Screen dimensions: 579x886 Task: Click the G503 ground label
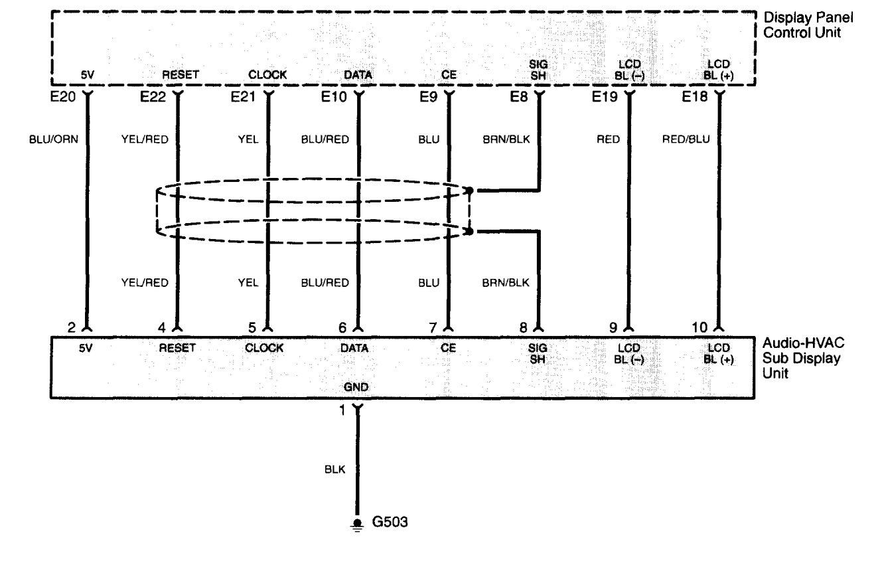pos(392,523)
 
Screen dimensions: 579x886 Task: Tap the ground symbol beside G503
pos(358,524)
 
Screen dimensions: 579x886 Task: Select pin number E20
pos(66,98)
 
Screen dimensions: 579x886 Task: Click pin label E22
pos(152,98)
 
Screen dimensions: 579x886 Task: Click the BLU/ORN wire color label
pos(55,139)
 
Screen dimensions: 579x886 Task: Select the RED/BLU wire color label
pos(686,139)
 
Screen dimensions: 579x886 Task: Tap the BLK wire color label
pos(334,469)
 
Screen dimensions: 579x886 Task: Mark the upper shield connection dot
pos(470,191)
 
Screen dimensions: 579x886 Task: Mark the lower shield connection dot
pos(470,232)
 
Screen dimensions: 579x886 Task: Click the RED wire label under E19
pos(608,139)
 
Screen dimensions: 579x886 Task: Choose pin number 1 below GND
pos(343,410)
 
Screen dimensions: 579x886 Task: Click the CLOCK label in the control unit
pos(267,75)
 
